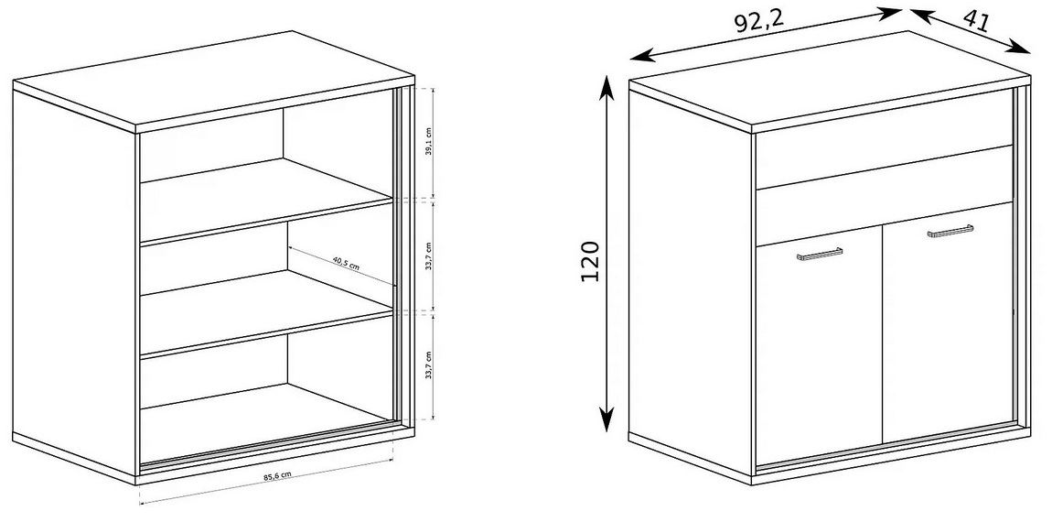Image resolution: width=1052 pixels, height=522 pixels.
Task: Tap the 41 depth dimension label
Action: tap(976, 21)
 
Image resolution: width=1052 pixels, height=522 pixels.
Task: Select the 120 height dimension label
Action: tap(589, 261)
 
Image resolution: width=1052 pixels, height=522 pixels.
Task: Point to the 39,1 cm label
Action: tap(429, 143)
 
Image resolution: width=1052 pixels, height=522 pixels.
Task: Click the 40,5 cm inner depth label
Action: tap(346, 262)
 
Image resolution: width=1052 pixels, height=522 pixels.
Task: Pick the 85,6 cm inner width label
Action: tap(277, 476)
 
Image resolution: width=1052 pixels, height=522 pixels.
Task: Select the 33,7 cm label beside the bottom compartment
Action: tap(429, 365)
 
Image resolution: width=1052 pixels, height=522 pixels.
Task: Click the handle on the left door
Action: tap(820, 254)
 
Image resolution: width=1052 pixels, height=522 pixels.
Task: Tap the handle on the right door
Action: tap(950, 231)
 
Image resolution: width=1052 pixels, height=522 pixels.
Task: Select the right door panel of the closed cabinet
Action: tap(948, 322)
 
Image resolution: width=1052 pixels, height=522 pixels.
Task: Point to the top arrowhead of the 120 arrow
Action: tap(607, 84)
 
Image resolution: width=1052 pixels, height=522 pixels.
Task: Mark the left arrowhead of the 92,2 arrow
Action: tap(639, 56)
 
